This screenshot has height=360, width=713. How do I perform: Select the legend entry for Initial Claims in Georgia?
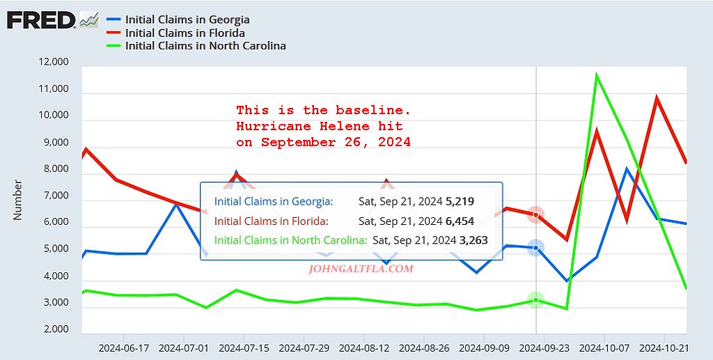click(187, 19)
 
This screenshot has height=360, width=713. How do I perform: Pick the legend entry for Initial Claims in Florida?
click(185, 33)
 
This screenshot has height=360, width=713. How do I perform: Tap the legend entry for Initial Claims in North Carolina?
click(205, 46)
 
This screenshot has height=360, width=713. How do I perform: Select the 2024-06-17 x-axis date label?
click(124, 347)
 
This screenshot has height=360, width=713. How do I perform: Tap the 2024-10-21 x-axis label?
click(663, 347)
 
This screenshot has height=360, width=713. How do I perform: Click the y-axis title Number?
click(18, 200)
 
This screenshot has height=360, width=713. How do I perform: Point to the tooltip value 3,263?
click(473, 240)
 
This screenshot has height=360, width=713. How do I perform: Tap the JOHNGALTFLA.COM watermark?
click(361, 268)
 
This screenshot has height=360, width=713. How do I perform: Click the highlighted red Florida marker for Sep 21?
click(535, 214)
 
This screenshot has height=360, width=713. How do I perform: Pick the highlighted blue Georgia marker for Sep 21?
click(535, 248)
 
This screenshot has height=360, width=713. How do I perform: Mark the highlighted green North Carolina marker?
click(535, 300)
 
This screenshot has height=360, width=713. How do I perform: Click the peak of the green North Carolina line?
click(596, 75)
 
